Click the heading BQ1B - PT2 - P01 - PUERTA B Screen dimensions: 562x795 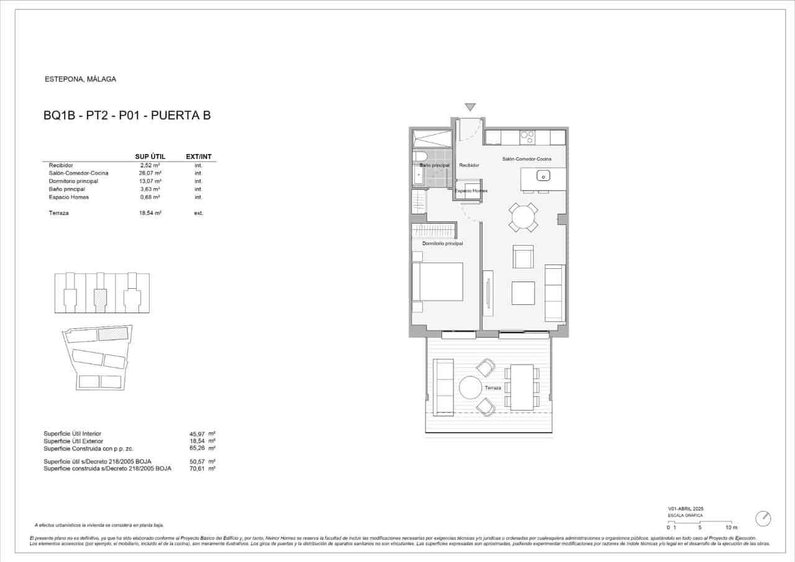coord(127,115)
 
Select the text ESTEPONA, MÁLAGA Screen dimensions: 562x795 coord(81,79)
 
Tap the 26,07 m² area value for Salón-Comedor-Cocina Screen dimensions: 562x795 coord(150,173)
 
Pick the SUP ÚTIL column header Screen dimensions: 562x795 coord(150,156)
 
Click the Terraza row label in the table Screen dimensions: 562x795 coord(58,213)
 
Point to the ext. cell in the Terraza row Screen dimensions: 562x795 coord(198,213)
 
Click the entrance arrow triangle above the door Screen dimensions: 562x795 coord(470,107)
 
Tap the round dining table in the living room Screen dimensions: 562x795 coord(523,217)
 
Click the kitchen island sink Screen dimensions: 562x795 coord(543,176)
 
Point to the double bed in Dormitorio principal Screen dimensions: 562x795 coord(438,282)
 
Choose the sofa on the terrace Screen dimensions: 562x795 coord(444,386)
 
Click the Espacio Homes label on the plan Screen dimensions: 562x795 coord(471,191)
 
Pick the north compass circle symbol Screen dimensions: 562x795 coord(763,519)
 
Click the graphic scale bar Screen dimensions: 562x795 coord(699,522)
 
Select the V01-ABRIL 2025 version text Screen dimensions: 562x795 coord(686,509)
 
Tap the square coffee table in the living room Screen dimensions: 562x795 coord(523,293)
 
